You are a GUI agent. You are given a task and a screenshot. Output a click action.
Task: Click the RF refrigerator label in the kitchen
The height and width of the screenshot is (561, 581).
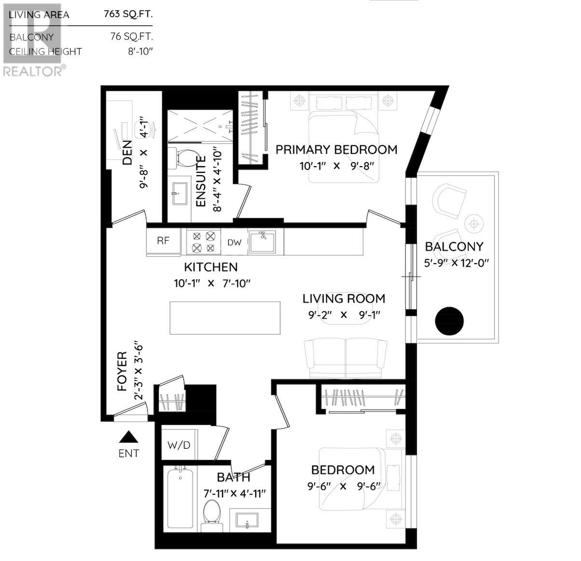coord(163,241)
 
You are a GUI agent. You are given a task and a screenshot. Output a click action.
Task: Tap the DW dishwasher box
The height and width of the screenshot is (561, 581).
coord(234,242)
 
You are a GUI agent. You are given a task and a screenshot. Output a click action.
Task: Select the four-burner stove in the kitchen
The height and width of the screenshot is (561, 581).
coord(203,242)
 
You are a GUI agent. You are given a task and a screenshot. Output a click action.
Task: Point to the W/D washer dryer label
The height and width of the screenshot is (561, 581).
coord(179,445)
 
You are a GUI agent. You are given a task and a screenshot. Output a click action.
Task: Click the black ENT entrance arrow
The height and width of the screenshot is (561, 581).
coord(129,437)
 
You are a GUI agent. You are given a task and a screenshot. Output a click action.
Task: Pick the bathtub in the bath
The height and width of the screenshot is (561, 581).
coord(179,498)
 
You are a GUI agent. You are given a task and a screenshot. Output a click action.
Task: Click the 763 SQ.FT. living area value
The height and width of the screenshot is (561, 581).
coord(128,14)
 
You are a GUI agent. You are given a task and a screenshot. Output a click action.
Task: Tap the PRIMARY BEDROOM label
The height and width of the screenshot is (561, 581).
coord(336,150)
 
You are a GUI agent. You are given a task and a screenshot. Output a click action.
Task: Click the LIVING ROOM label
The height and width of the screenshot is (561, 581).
coord(344,299)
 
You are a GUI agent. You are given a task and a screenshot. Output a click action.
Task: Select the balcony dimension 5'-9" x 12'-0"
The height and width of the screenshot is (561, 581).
coord(454,263)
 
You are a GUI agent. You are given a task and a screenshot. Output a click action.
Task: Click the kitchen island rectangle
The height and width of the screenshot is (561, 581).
coord(225,318)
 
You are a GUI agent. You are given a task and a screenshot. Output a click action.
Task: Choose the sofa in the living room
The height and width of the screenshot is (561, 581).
coord(345,358)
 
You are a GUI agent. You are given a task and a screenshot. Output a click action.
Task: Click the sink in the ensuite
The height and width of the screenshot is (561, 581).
coord(179,194)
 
